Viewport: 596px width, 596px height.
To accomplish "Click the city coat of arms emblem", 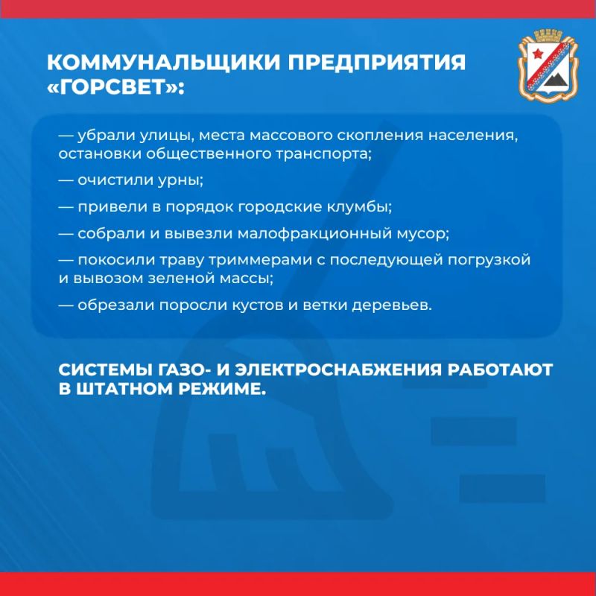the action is coord(548,66).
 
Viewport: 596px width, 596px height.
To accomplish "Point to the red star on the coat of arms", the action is coord(537,54).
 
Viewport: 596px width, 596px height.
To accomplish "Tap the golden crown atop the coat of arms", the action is coord(548,36).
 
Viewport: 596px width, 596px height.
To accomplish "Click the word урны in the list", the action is coord(180,180).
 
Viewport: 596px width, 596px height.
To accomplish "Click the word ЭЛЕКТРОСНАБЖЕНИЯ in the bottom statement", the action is coord(338,370).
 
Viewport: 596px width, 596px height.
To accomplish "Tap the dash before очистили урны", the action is coord(66,180).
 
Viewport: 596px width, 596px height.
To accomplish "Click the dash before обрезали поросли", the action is coord(66,305).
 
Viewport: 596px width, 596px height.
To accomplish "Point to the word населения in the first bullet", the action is coord(473,136).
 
